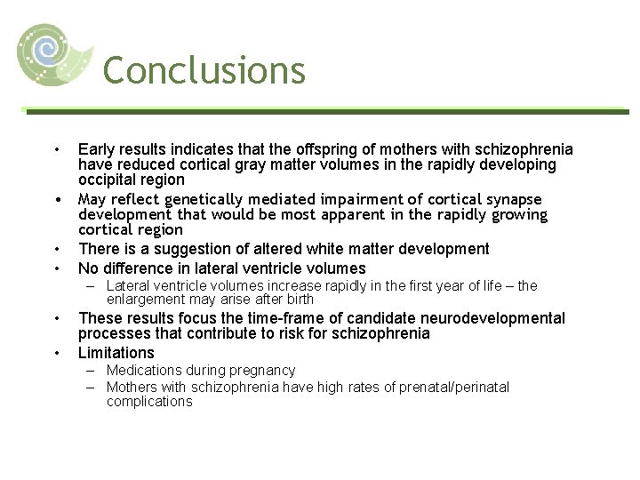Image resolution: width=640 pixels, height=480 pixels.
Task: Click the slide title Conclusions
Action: pyautogui.click(x=204, y=69)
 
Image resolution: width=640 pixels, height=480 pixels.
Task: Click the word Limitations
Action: pyautogui.click(x=116, y=353)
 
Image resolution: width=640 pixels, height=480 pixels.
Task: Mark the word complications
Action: pyautogui.click(x=148, y=402)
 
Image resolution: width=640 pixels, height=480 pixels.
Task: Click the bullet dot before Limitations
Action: pyautogui.click(x=56, y=354)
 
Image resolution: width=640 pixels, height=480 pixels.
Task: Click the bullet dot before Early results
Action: pyautogui.click(x=56, y=149)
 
